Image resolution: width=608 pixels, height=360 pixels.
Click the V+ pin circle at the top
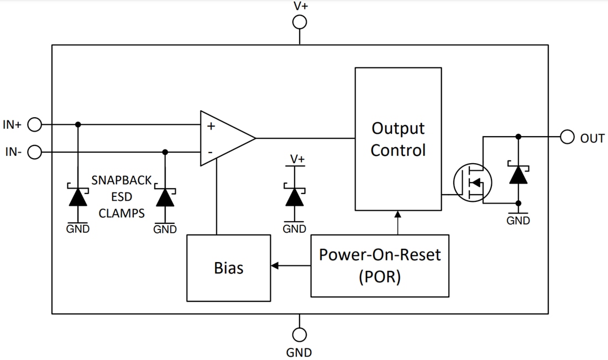coord(300,22)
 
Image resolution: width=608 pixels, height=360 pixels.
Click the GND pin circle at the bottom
coord(300,335)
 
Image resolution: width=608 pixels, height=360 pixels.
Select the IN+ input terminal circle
coord(35,125)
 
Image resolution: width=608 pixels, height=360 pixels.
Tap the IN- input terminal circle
coord(35,152)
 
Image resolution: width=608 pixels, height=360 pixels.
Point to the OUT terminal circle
coord(567,137)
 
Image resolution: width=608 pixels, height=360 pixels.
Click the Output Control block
coord(398,139)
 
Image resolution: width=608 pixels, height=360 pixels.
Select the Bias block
coord(228,268)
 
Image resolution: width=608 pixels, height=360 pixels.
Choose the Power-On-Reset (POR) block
coord(380,265)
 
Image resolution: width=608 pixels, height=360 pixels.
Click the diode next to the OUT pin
coord(518,175)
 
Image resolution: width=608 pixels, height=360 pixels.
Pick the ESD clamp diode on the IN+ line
coord(78,197)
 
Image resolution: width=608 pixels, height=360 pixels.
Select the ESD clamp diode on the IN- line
coord(165,197)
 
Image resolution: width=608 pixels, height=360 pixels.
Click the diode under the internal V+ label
coord(295,197)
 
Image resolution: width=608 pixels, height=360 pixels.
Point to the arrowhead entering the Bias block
coord(275,266)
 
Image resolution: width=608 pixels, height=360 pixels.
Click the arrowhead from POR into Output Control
coord(397,215)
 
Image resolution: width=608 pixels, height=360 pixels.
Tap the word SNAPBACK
coord(122,180)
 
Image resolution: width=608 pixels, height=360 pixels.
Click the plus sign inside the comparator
coord(211,126)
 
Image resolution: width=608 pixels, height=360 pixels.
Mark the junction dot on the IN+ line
coord(78,124)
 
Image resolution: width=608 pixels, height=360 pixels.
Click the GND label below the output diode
coord(518,221)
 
